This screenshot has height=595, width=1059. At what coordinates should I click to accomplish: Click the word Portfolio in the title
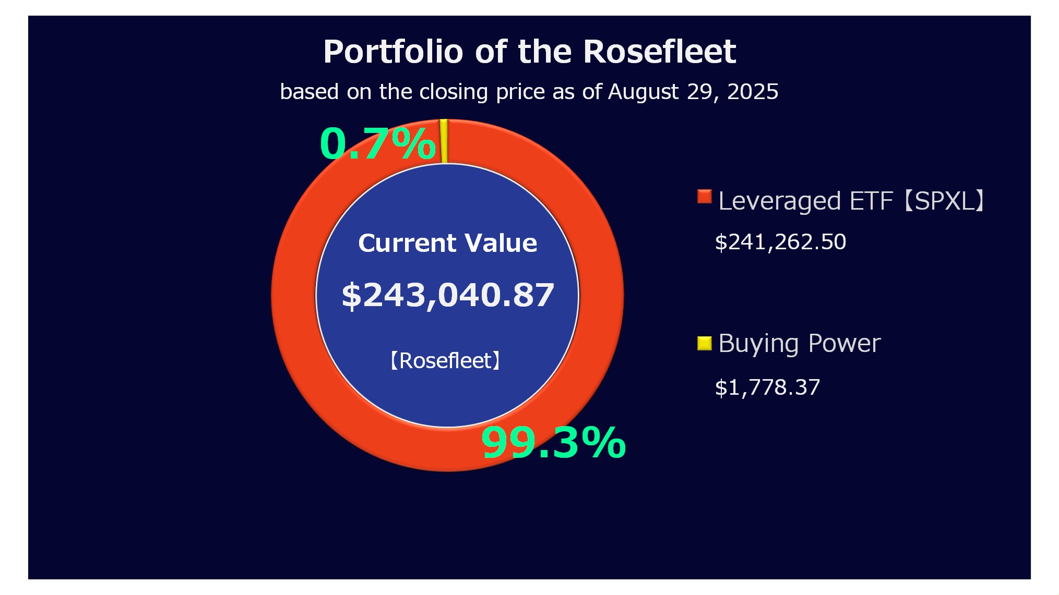393,52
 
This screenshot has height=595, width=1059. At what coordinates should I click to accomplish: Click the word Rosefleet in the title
659,52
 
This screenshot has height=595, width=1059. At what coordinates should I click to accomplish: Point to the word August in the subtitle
643,92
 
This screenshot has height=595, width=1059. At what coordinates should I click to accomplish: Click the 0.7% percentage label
377,143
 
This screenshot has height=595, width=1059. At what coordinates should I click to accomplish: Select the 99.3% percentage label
553,443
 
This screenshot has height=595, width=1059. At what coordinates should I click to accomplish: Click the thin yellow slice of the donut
444,141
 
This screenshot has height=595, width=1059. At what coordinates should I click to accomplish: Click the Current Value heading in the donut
447,243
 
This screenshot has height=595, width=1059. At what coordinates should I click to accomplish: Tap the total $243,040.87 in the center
447,295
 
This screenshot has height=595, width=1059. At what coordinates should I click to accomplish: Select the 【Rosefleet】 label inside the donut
445,360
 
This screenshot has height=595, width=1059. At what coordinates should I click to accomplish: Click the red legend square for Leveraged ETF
704,197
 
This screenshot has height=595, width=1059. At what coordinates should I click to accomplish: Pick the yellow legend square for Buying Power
704,343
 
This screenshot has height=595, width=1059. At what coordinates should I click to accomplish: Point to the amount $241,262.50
780,242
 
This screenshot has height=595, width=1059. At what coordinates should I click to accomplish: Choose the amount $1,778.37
767,387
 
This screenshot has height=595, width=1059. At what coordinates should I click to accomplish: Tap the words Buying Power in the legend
799,344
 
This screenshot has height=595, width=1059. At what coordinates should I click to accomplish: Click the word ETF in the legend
871,201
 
